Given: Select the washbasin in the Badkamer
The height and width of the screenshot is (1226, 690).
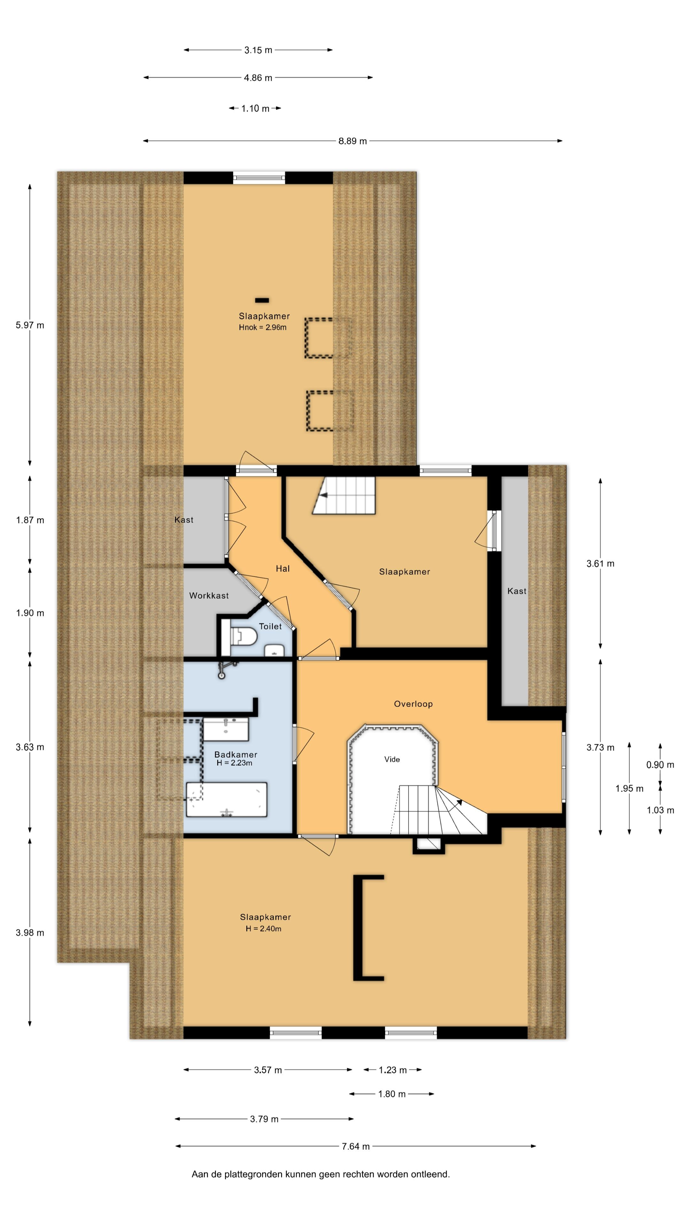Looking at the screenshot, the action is (226, 730).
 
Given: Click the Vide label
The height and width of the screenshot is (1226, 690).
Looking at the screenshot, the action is (392, 759).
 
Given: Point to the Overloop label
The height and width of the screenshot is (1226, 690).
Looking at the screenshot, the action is (413, 704).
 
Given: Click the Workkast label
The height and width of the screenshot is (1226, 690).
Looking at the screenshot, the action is (209, 595).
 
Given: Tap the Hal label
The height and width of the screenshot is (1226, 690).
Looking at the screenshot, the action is (283, 568).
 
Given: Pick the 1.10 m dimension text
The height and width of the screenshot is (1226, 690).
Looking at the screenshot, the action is (255, 109).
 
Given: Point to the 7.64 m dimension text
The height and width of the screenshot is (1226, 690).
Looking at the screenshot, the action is (356, 1146).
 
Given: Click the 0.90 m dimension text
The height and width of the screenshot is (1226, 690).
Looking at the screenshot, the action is (660, 765).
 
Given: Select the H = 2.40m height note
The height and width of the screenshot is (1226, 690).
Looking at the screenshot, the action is (263, 928).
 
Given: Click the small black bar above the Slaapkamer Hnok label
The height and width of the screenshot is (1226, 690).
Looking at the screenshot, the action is (262, 300).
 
